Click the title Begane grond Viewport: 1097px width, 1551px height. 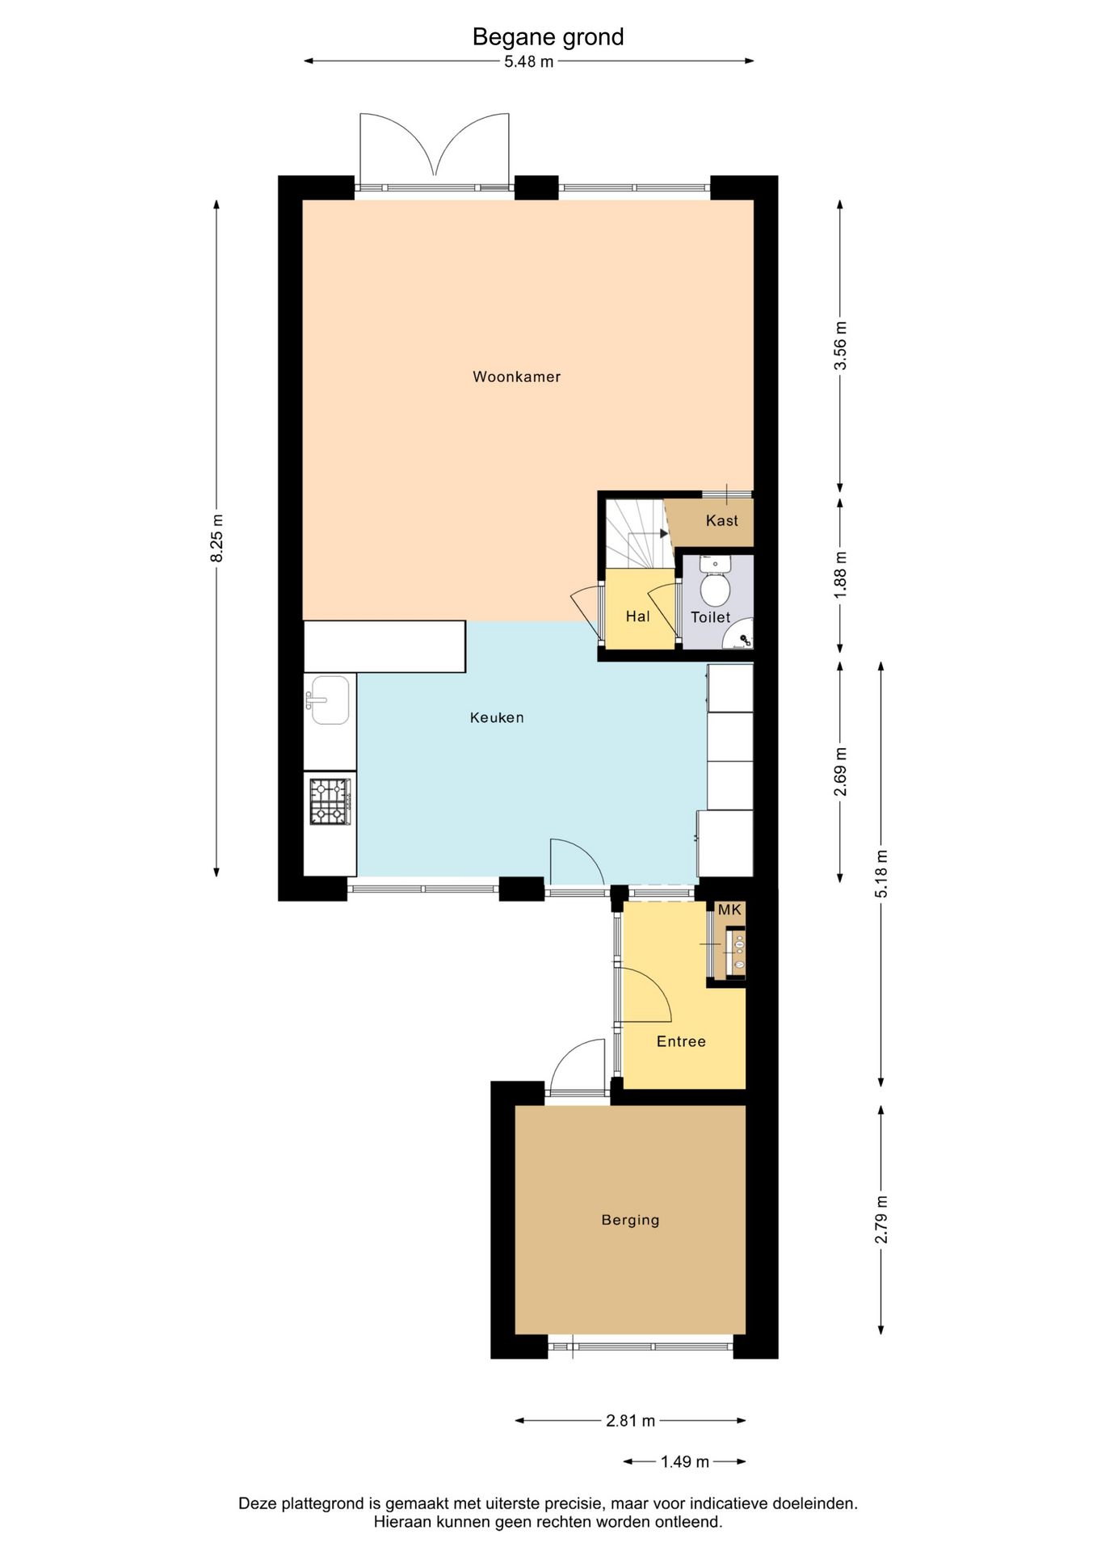(548, 37)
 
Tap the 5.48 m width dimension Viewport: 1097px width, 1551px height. (529, 61)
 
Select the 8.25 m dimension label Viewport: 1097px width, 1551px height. (216, 538)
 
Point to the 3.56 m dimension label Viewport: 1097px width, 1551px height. (840, 346)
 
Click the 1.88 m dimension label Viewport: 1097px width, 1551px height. (840, 574)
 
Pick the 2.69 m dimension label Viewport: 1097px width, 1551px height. (840, 771)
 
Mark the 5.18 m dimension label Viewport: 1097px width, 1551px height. (881, 874)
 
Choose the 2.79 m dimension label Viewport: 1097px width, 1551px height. (881, 1220)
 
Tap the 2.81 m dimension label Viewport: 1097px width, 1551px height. (630, 1420)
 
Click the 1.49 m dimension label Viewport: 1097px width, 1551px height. (685, 1461)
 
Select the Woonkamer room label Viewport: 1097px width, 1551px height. (516, 376)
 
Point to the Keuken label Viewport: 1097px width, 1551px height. (497, 717)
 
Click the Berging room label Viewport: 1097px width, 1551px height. (630, 1221)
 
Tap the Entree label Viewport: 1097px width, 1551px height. (681, 1041)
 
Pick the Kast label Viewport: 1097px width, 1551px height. (721, 520)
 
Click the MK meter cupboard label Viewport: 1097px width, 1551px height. (729, 910)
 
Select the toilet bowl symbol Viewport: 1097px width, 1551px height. (715, 582)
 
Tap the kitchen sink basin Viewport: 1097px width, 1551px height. (330, 700)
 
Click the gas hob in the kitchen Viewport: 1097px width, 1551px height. (330, 801)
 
